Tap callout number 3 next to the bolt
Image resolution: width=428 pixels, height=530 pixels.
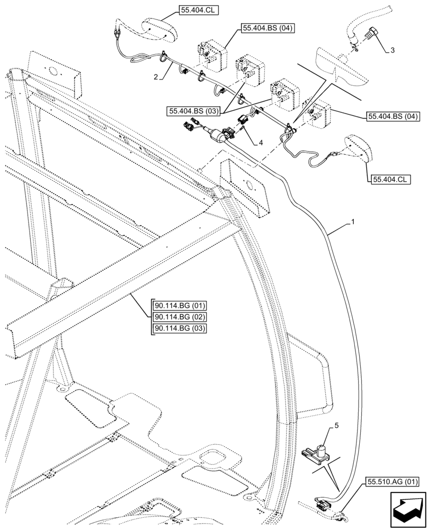click(391, 50)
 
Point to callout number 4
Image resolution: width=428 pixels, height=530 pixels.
click(260, 142)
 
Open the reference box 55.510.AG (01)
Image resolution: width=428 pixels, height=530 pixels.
click(391, 483)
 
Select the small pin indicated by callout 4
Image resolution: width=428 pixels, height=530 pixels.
click(242, 127)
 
